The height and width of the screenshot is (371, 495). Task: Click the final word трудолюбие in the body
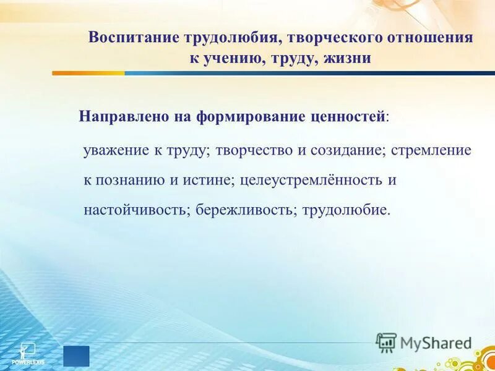[346, 210]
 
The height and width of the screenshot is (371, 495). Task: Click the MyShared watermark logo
[424, 343]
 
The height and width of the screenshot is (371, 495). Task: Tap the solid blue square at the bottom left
[76, 356]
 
